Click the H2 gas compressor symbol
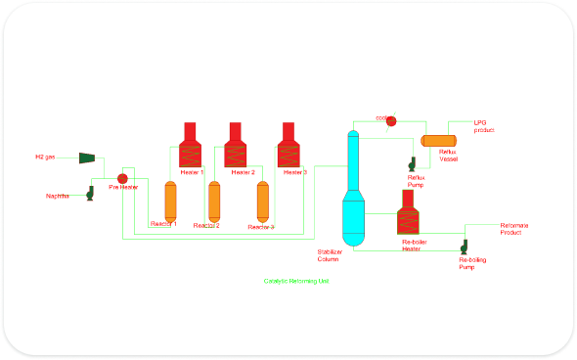tap(86, 157)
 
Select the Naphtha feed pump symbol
tap(89, 193)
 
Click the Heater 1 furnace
tap(191, 146)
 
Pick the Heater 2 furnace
tap(236, 146)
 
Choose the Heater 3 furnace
tap(288, 146)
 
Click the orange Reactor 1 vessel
tap(169, 202)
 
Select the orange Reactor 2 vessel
tap(215, 202)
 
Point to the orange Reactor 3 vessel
tap(262, 202)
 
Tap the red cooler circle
tap(391, 120)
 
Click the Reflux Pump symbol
tap(413, 164)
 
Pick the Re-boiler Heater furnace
tap(409, 213)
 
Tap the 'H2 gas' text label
tap(45, 157)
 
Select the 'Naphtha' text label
tap(58, 196)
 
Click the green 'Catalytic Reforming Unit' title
tap(296, 281)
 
